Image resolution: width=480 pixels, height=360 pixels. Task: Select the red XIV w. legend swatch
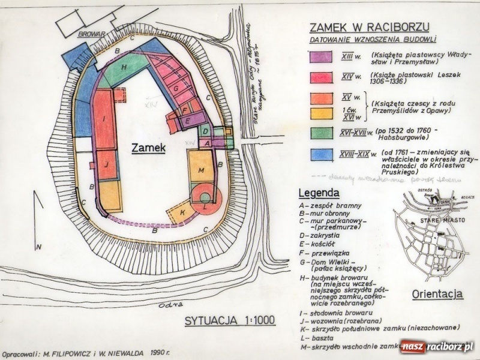tap(321, 76)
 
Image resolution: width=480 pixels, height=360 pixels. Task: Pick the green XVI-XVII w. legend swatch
tap(321, 133)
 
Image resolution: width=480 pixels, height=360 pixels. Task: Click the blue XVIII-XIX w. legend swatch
tap(321, 155)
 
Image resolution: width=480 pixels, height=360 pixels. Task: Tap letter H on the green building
tap(124, 68)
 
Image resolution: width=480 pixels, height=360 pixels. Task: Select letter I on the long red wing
tap(103, 118)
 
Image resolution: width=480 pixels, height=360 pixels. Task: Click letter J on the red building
tap(105, 164)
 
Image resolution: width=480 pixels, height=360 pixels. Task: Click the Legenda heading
tap(319, 193)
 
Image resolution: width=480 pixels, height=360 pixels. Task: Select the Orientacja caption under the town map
tap(437, 295)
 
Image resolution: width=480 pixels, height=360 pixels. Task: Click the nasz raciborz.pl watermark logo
tap(438, 347)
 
